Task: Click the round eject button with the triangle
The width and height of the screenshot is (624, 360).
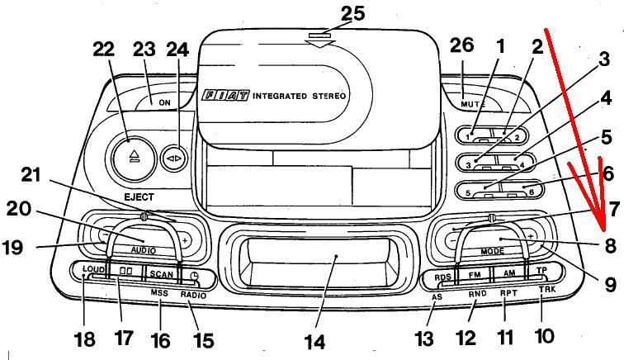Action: (x=130, y=155)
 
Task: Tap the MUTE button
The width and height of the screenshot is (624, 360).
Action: (x=471, y=104)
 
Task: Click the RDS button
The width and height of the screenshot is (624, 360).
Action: (x=443, y=275)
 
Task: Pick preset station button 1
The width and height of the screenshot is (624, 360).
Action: (x=473, y=135)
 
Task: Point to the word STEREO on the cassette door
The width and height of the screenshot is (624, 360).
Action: (x=327, y=96)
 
